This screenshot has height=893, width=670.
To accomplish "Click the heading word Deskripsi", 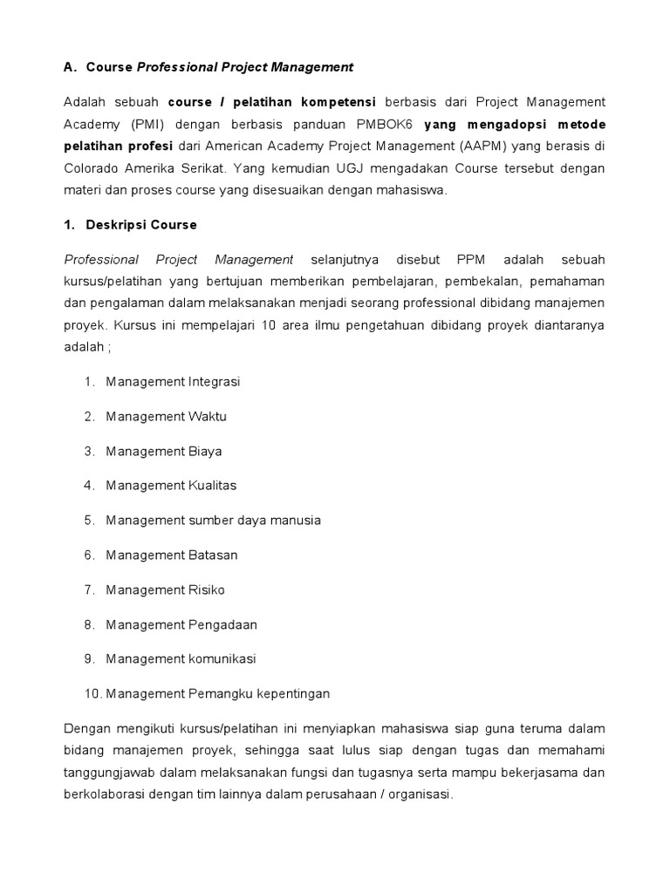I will tap(118, 225).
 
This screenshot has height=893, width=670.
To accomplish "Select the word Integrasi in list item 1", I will tap(214, 382).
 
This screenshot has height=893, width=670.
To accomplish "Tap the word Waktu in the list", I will tap(208, 417).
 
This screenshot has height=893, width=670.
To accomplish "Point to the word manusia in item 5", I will tap(292, 521).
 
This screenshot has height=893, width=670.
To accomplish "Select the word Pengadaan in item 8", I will tap(222, 624).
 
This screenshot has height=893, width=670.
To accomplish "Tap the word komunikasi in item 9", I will tap(222, 659).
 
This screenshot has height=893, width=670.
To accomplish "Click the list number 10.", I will tap(92, 694).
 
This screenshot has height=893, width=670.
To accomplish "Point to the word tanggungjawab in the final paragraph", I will tap(109, 774).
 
